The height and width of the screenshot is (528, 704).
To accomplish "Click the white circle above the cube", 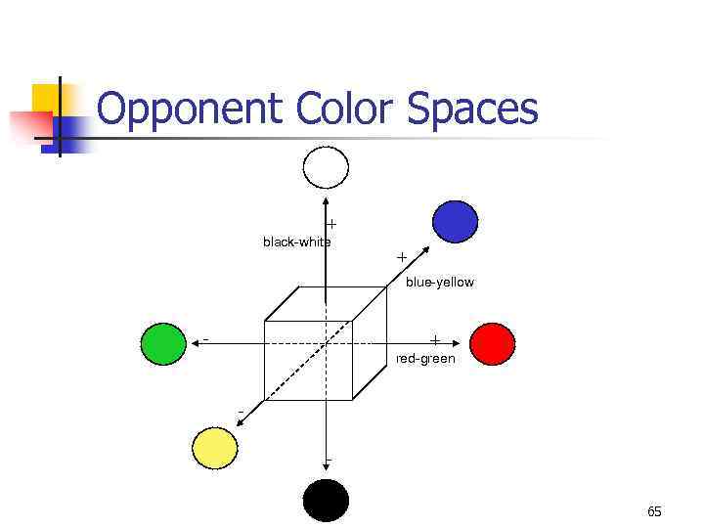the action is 326,167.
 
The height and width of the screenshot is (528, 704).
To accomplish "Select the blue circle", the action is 455,221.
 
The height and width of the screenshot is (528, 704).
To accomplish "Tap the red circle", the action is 492,342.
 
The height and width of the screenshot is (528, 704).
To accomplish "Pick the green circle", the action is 163,342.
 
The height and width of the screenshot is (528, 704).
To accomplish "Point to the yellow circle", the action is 215,449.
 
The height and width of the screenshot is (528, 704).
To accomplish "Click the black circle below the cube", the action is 326,501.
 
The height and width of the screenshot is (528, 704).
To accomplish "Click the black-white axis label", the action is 296,242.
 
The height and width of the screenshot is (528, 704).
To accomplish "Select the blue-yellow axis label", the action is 440,282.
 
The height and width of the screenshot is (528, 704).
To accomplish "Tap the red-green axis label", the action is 425,359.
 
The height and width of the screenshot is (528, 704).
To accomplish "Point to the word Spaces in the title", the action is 473,110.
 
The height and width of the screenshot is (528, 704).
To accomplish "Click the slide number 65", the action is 654,511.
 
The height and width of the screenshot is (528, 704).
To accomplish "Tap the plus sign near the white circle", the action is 331,223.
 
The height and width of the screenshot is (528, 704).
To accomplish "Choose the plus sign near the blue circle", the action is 402,256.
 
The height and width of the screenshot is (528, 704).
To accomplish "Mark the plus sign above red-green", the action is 435,340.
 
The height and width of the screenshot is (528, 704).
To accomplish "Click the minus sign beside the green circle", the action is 205,340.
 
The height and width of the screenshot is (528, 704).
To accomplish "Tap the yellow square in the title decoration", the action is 45,99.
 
